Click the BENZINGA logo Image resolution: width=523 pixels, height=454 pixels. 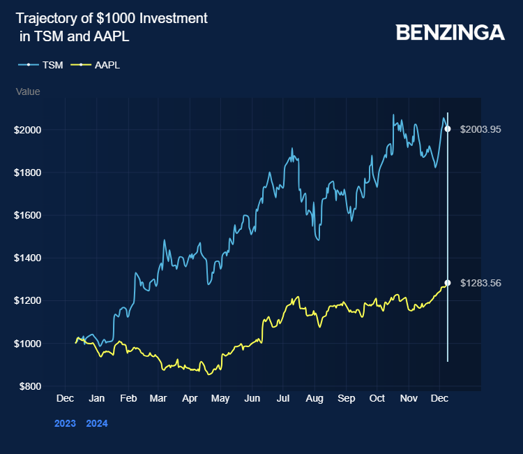pos(450,32)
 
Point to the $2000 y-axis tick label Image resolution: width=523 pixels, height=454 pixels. pos(29,130)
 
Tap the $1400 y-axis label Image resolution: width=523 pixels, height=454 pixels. pos(29,258)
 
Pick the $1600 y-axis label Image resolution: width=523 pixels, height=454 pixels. pos(29,215)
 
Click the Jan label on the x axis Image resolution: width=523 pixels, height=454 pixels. pos(96,398)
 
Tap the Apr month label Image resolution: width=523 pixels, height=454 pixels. pos(190,398)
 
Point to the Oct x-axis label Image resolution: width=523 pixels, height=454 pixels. pos(377,398)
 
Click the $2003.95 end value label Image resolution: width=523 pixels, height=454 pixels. pos(480,129)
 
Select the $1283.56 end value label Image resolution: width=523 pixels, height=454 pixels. pos(480,283)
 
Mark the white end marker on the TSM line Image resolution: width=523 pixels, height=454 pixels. pos(448,129)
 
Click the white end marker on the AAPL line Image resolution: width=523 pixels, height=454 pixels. pos(448,283)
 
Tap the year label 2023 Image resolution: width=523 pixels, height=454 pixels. pos(65,423)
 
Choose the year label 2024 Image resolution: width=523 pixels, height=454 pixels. pos(97,423)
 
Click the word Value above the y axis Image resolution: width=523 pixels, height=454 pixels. pos(28,91)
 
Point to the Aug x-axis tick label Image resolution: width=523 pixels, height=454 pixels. pos(314,398)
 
